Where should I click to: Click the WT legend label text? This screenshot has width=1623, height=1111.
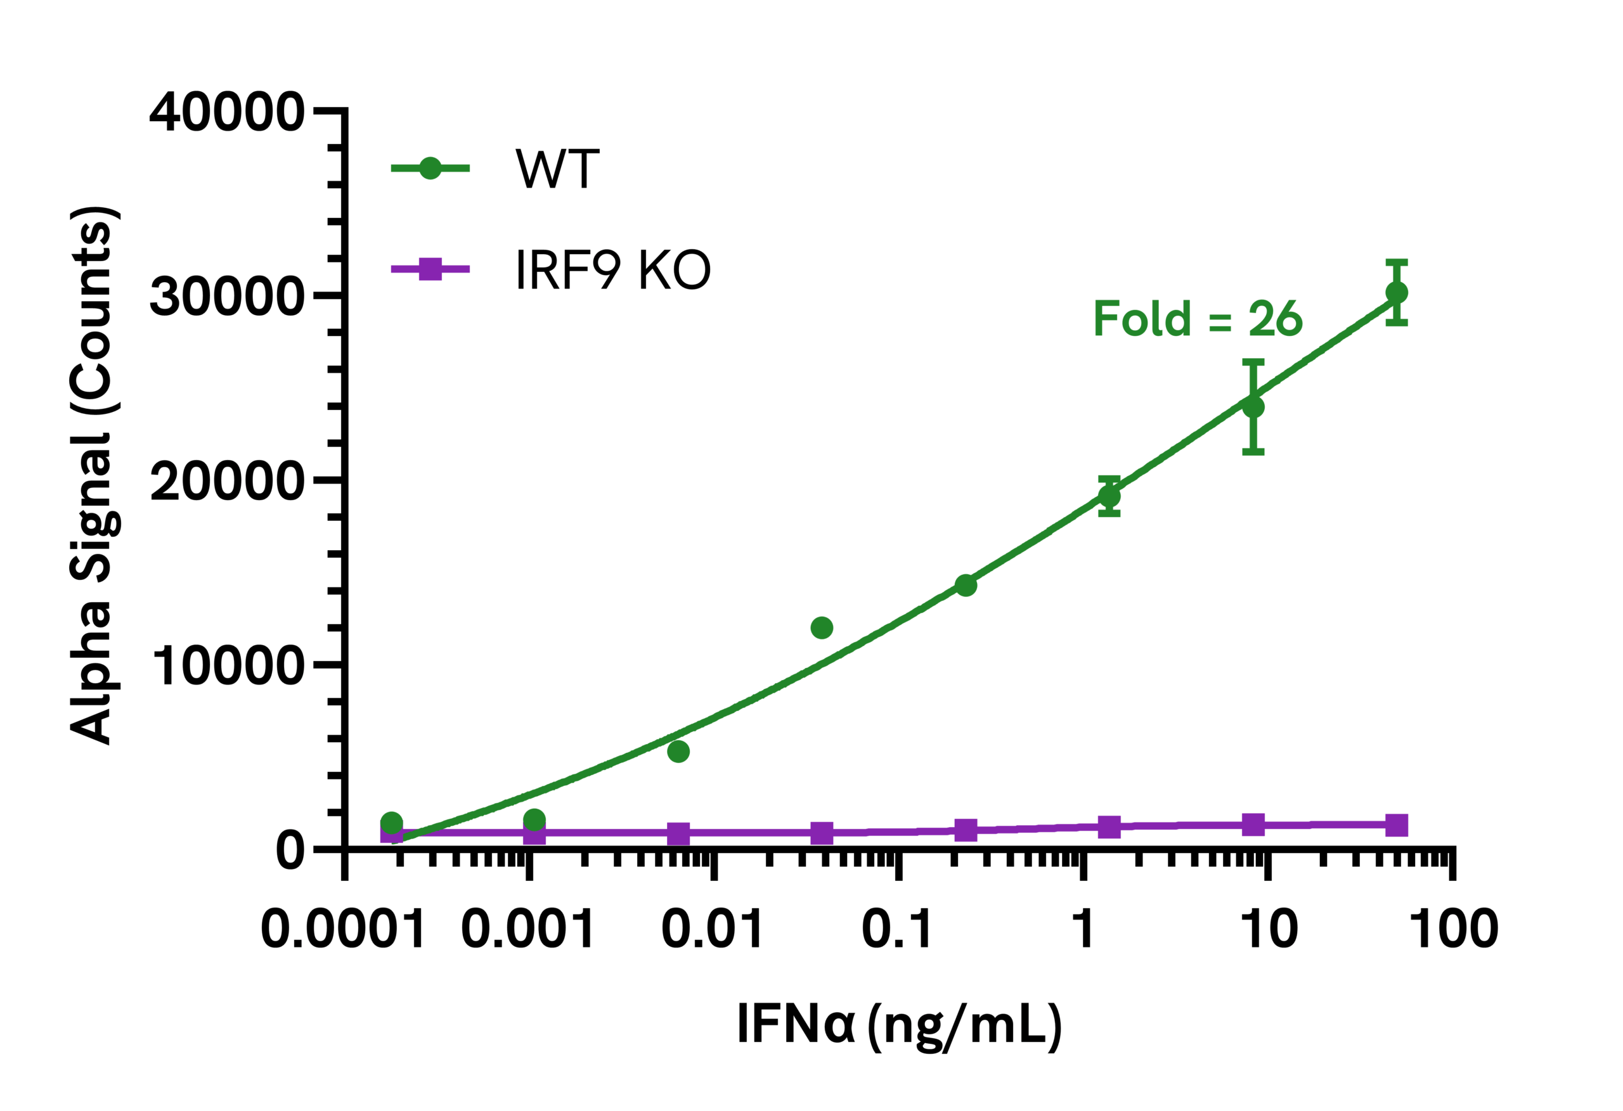point(557,169)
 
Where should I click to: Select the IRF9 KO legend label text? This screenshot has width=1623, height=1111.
point(612,269)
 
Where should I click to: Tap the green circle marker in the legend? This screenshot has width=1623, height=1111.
point(430,169)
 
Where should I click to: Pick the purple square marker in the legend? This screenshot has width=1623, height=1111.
point(430,269)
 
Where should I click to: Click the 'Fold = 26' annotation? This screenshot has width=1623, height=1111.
point(1197,319)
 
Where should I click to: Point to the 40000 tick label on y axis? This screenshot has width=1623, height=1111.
point(227,112)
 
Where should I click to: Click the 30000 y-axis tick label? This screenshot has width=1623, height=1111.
point(227,296)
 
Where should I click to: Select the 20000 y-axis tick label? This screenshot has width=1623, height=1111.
point(227,481)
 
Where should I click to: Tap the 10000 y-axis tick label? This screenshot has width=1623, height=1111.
point(227,665)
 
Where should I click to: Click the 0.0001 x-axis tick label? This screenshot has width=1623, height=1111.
point(343,930)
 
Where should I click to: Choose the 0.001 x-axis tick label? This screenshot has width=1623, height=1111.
point(527,930)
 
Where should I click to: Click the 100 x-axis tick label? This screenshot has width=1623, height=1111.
point(1453,930)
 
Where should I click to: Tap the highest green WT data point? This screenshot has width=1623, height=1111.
point(1396,293)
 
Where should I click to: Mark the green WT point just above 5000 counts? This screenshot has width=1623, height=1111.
point(678,752)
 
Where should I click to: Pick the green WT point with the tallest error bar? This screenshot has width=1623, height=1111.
point(1253,406)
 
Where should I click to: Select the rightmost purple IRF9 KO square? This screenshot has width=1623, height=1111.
point(1396,825)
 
